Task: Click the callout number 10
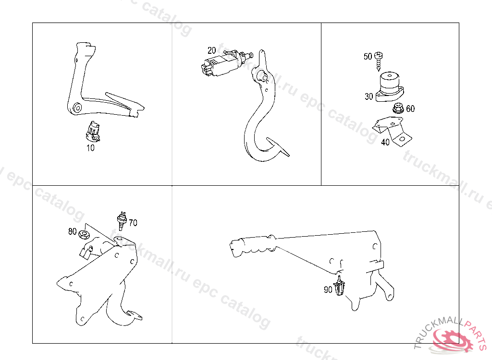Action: [90, 148]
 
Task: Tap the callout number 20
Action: [211, 50]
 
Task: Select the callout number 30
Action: [369, 96]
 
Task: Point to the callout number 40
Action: [385, 142]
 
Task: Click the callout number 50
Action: [368, 57]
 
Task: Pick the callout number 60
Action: [410, 108]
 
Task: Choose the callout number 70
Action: [133, 223]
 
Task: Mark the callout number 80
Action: [73, 231]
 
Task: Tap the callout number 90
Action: [328, 289]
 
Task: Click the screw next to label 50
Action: [379, 61]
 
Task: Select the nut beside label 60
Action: [398, 108]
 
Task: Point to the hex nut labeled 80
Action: [83, 234]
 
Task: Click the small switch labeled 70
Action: [122, 220]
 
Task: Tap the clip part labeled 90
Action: [340, 286]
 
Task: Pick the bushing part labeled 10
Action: [93, 132]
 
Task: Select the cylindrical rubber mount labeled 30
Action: [390, 86]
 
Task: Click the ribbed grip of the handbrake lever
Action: [253, 246]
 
